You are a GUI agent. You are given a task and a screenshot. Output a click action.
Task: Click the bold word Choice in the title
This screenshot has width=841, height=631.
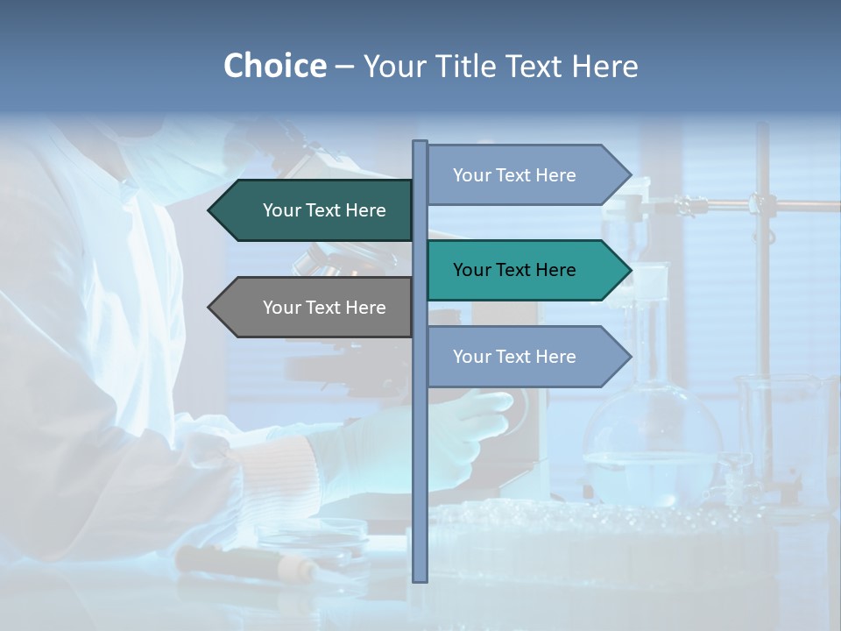pos(274,66)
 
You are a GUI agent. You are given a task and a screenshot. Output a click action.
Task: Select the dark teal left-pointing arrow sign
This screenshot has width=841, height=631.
pos(315,210)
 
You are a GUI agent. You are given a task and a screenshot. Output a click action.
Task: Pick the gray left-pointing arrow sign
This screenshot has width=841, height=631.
pos(315,308)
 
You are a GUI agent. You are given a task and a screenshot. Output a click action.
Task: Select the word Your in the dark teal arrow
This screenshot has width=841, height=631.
pos(281,210)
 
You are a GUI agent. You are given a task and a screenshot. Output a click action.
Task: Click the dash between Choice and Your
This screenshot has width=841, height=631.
pos(344,67)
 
